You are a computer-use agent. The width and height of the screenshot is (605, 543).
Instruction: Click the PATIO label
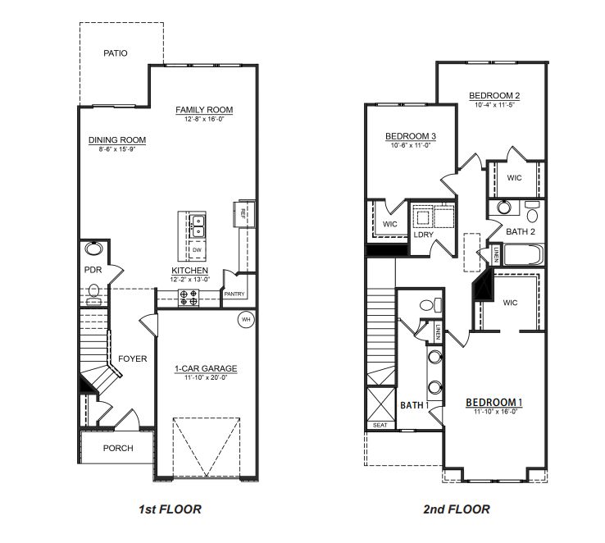(x=116, y=53)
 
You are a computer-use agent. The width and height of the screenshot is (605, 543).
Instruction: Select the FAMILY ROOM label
(x=205, y=110)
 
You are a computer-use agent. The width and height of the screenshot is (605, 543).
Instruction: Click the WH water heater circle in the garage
(x=244, y=320)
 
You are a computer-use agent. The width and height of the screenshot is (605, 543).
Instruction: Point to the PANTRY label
(x=234, y=294)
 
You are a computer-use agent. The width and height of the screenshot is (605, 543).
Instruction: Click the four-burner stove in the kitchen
(x=189, y=298)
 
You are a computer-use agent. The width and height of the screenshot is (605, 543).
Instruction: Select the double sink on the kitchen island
(x=198, y=226)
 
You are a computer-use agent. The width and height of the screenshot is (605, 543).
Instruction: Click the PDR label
(x=92, y=269)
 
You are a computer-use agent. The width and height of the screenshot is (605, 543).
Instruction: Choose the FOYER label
(x=132, y=358)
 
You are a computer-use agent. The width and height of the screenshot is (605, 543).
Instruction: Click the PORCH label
(x=118, y=449)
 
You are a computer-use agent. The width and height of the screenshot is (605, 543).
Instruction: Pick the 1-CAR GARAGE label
(x=205, y=369)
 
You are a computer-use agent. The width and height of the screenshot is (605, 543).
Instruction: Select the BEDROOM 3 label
(x=410, y=136)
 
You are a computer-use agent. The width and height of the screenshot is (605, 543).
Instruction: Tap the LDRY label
(x=423, y=235)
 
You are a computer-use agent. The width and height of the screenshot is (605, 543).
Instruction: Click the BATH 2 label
(x=519, y=232)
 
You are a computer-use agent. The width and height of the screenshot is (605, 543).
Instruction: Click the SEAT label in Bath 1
(x=380, y=425)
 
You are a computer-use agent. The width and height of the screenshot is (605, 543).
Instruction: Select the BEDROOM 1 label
(x=494, y=402)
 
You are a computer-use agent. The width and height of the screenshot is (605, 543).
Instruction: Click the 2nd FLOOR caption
(x=457, y=509)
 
